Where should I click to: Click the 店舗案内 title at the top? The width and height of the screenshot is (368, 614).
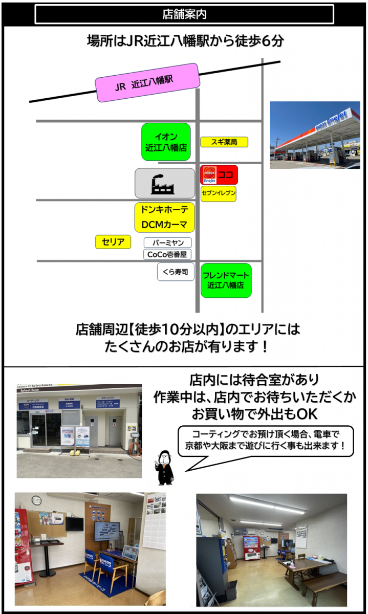click(x=184, y=14)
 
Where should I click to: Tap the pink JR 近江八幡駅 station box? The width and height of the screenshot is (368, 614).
click(x=148, y=82)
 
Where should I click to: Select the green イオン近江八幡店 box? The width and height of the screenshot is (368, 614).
click(x=166, y=142)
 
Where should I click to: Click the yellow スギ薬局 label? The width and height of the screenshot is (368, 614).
click(x=224, y=142)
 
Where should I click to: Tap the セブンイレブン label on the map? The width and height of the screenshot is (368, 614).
click(x=219, y=193)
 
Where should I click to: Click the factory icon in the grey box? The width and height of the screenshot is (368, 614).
click(x=163, y=184)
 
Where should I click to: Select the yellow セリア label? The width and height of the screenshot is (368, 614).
click(x=113, y=242)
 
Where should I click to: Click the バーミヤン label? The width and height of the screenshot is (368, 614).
click(x=167, y=243)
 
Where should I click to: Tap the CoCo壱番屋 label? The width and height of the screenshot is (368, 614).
click(x=167, y=254)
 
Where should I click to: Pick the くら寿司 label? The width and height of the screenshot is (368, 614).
click(x=176, y=272)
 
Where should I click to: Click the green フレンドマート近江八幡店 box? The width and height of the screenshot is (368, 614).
click(x=226, y=280)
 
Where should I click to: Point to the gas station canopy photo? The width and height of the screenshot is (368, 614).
click(x=315, y=135)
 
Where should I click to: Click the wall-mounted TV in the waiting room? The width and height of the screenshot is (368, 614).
click(x=74, y=523)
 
